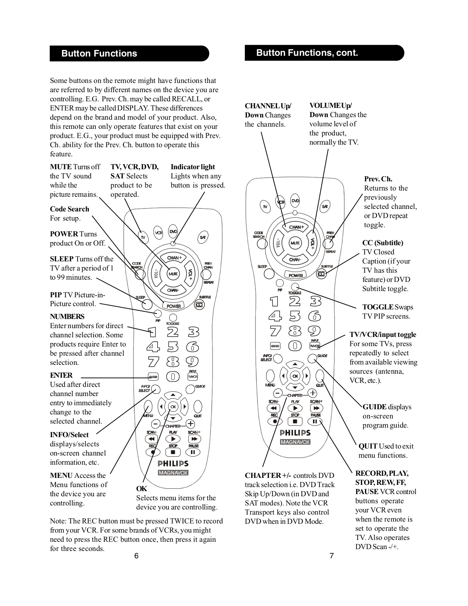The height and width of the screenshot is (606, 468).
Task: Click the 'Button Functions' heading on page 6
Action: [x=99, y=54]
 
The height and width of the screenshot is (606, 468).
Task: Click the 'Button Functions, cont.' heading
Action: [x=307, y=53]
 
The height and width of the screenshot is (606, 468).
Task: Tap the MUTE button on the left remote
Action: [x=173, y=274]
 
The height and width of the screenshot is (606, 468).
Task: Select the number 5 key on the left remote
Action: [x=173, y=347]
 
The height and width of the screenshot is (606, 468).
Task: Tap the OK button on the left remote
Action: [x=173, y=407]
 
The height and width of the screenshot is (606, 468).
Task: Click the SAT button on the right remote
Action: [x=325, y=207]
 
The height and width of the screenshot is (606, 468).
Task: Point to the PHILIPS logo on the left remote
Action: [x=173, y=464]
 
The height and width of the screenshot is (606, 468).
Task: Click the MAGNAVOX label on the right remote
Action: [x=295, y=442]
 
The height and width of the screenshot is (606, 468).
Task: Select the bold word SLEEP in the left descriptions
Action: [x=62, y=259]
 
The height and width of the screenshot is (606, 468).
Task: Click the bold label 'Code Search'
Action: [x=69, y=209]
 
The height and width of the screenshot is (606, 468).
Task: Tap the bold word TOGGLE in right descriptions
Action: [x=378, y=307]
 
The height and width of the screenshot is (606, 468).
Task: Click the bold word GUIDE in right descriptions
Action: [x=374, y=407]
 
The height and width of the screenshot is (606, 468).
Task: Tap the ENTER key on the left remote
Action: [x=153, y=377]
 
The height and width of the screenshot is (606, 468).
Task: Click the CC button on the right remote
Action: [x=322, y=274]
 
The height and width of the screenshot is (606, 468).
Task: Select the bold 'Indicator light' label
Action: [x=193, y=167]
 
